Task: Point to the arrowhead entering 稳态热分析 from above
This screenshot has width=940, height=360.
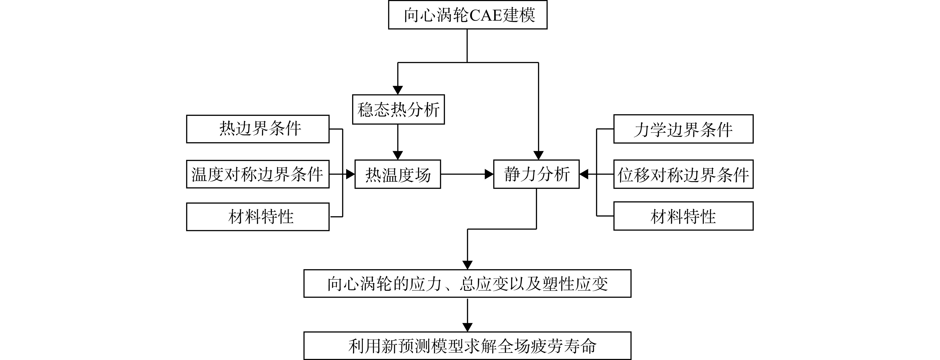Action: pos(398,90)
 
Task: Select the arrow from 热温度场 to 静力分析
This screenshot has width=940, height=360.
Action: pos(467,174)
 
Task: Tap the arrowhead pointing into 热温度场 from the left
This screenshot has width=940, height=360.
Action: pos(350,174)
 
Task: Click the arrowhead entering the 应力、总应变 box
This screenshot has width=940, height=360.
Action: pos(468,265)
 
